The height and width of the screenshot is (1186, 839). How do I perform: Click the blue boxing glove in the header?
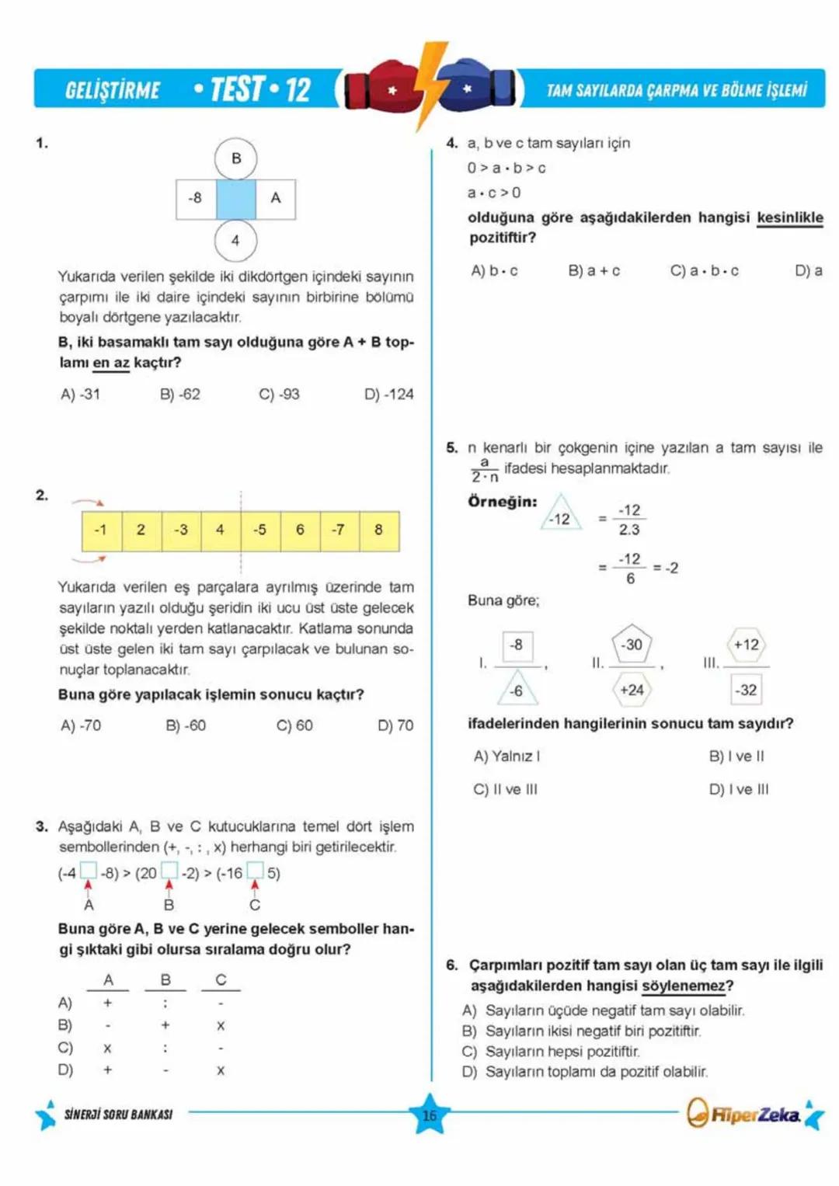pos(475,88)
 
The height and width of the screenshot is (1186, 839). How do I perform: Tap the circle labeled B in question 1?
pos(235,158)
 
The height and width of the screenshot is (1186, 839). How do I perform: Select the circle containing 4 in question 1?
pos(235,240)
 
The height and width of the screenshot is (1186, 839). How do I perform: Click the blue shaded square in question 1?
pos(235,199)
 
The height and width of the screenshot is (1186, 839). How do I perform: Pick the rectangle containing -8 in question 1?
pos(196,199)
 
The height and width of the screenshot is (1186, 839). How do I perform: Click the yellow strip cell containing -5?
pos(260,530)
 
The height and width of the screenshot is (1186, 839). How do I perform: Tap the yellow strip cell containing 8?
pos(379,530)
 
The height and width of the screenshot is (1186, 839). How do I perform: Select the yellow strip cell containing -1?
pos(101,530)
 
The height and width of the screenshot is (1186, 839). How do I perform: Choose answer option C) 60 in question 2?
pos(294,725)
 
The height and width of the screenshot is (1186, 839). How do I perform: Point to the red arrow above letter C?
pos(255,886)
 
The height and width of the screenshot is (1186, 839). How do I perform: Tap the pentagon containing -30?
pos(632,644)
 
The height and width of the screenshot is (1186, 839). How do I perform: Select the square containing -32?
pos(747,689)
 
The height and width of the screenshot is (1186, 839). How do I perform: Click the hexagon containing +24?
pos(632,689)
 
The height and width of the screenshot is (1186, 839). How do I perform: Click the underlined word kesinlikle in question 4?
pos(789,217)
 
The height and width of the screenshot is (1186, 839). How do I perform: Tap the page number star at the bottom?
pos(430,1115)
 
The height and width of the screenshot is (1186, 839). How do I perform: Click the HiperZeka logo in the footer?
pos(745,1115)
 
